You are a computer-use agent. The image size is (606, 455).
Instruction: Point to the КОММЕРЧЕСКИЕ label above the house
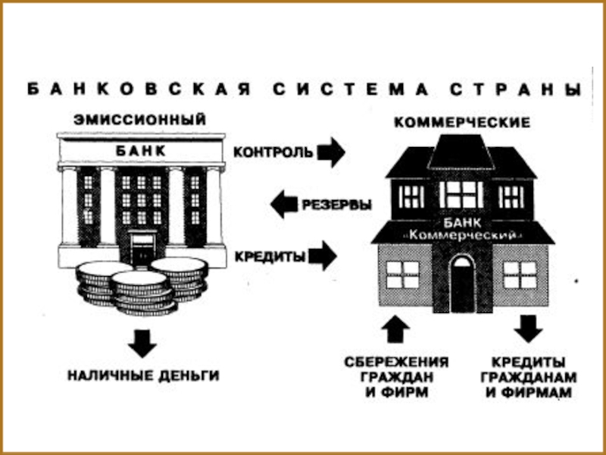point(461,122)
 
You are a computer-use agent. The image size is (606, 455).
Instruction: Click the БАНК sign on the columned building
point(140,151)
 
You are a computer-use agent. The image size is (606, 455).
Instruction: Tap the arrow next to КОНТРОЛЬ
point(330,152)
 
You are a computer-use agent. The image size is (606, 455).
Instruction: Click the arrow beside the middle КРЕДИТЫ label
point(323,256)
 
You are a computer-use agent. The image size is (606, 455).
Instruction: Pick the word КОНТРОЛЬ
point(273,152)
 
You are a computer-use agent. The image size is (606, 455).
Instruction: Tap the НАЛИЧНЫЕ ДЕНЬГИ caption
point(143,375)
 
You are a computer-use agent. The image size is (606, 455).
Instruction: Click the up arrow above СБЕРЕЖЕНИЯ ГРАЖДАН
point(396,330)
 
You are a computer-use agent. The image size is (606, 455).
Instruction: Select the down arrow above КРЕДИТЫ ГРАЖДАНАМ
point(529,328)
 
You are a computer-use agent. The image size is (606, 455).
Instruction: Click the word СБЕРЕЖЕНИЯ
point(396,362)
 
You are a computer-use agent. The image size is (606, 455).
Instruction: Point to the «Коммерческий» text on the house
point(462,236)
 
